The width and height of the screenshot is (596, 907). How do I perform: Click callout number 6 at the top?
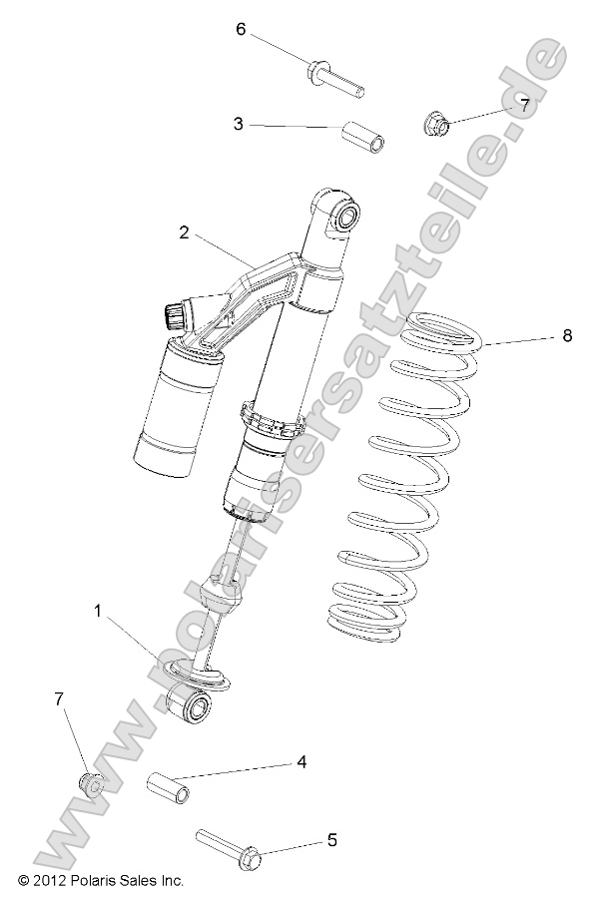click(241, 29)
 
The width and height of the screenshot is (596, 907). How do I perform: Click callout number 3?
click(238, 125)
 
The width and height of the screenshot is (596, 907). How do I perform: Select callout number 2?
click(185, 232)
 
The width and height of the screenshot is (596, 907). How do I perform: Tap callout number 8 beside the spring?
click(567, 335)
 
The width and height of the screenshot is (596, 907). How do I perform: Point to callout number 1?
click(98, 610)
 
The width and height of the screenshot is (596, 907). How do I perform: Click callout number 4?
click(299, 762)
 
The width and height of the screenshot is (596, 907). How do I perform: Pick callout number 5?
click(331, 840)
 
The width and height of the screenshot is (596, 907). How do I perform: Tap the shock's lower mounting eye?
click(192, 707)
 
